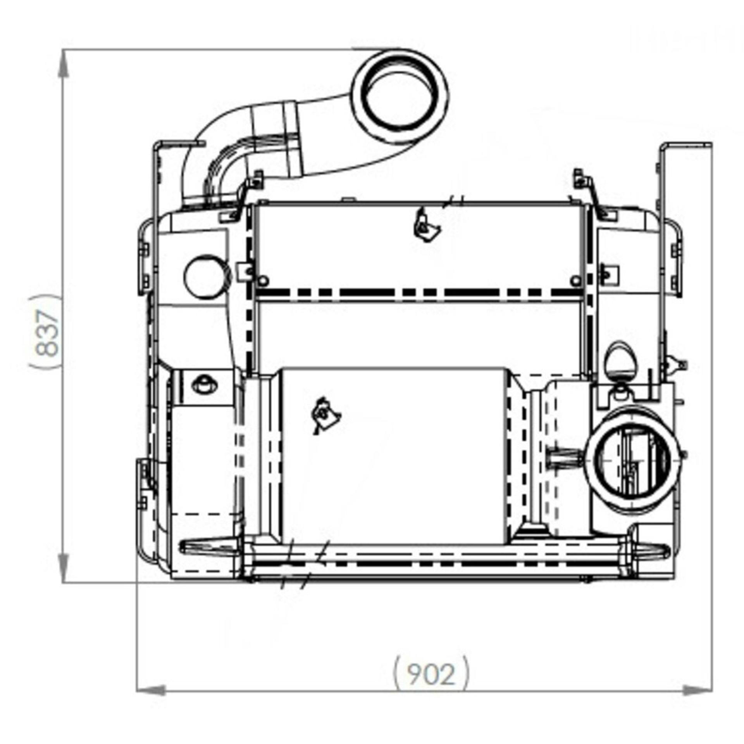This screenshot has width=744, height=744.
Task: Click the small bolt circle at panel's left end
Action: (x=263, y=280)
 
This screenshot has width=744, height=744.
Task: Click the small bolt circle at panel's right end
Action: (x=576, y=280)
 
